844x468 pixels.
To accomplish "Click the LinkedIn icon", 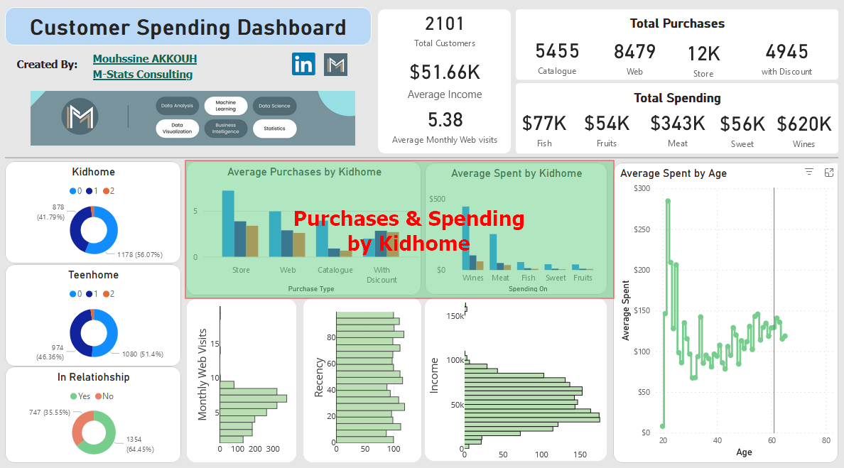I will [x=303, y=64].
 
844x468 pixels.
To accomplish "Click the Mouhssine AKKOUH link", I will [x=145, y=59].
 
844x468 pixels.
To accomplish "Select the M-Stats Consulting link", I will [x=143, y=75].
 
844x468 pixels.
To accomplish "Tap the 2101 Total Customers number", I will [x=444, y=24].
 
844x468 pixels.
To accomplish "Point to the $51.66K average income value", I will [x=445, y=72].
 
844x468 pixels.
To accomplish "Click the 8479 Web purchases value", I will [x=634, y=52].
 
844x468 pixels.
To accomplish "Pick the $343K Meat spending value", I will [x=678, y=124].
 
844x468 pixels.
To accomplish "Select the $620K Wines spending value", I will [x=804, y=124].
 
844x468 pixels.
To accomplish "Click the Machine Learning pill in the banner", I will [x=225, y=106].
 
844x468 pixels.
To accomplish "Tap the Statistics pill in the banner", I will [x=274, y=129].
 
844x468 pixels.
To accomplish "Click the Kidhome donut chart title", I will [x=93, y=172].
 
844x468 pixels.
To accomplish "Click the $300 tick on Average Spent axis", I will [x=642, y=188].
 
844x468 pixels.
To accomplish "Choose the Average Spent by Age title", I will [x=673, y=173].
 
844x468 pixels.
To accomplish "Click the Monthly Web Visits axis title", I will [x=203, y=374].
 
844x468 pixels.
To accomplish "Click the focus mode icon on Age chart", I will [x=828, y=173].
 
